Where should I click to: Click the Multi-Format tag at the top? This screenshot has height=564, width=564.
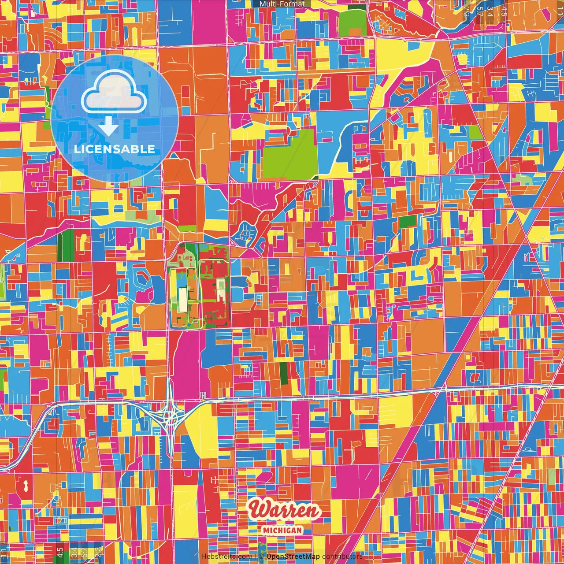click(282, 4)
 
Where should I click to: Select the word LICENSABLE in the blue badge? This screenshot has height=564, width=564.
click(115, 149)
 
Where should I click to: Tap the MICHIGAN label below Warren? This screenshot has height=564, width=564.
click(282, 530)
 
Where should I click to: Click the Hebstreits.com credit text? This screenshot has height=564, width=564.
click(226, 557)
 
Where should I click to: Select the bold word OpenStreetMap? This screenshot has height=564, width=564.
click(293, 557)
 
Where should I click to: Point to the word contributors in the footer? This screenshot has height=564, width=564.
click(342, 557)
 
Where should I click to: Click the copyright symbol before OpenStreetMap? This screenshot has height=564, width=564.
click(261, 557)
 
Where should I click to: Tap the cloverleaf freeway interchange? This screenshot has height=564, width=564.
click(169, 414)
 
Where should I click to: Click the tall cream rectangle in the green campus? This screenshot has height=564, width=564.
click(182, 300)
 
